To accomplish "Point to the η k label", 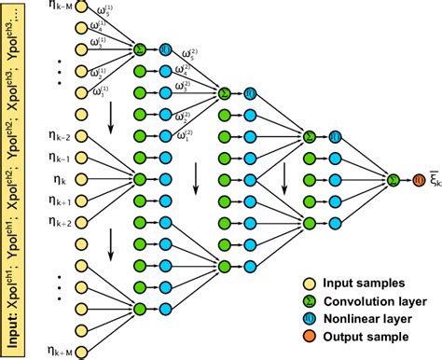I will point(55,177).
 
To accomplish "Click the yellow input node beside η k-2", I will point(81,134).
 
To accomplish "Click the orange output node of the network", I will point(418,178).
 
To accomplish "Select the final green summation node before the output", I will point(394,178).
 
